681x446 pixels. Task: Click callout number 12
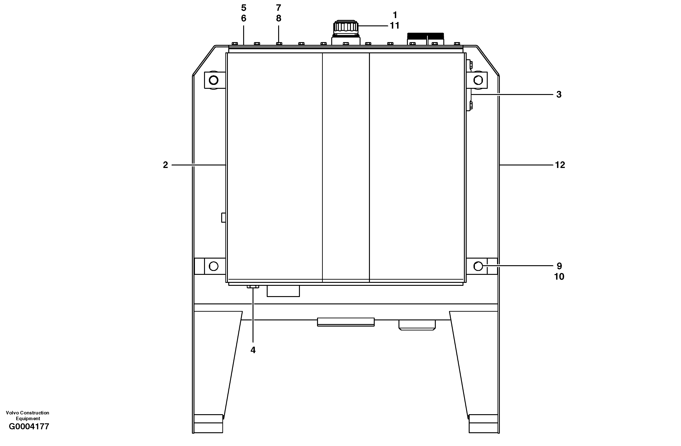pyautogui.click(x=560, y=165)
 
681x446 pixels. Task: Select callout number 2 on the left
pyautogui.click(x=165, y=165)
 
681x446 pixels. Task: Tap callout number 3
pyautogui.click(x=559, y=95)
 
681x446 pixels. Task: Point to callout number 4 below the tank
pyautogui.click(x=253, y=350)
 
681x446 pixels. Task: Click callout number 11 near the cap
pyautogui.click(x=395, y=26)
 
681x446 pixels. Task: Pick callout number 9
pyautogui.click(x=559, y=266)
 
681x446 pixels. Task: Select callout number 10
pyautogui.click(x=559, y=276)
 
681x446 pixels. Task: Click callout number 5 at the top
pyautogui.click(x=243, y=8)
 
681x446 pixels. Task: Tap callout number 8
pyautogui.click(x=278, y=18)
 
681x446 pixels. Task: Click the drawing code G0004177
pyautogui.click(x=29, y=427)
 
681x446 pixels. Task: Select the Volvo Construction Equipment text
pyautogui.click(x=27, y=415)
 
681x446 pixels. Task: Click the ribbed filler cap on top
pyautogui.click(x=346, y=27)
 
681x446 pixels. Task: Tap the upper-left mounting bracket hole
pyautogui.click(x=213, y=80)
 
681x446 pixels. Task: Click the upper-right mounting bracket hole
pyautogui.click(x=478, y=80)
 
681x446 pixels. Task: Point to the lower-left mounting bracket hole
pyautogui.click(x=213, y=266)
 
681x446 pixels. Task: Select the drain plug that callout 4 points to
pyautogui.click(x=253, y=287)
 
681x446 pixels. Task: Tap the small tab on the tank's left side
pyautogui.click(x=223, y=218)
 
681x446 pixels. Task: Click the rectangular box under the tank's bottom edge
pyautogui.click(x=283, y=291)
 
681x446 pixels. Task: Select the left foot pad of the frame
pyautogui.click(x=208, y=424)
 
